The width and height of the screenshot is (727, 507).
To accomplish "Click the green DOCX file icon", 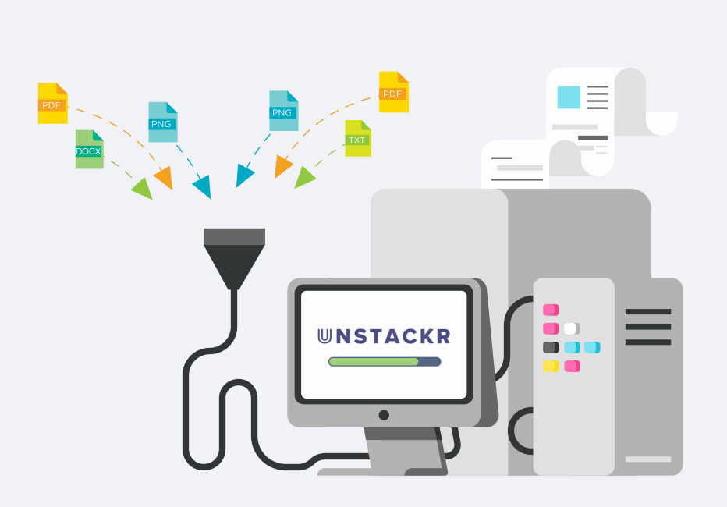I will (x=89, y=150).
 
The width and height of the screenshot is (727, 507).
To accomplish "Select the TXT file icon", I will (x=358, y=139).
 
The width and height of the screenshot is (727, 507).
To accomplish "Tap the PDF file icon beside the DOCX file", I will (x=52, y=104).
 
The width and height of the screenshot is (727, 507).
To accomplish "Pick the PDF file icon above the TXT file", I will (x=393, y=92).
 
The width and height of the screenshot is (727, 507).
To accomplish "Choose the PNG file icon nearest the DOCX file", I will (x=163, y=122).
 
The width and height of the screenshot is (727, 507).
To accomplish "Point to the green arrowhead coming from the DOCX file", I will (x=143, y=188).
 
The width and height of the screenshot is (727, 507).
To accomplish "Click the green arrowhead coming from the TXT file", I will (x=304, y=178).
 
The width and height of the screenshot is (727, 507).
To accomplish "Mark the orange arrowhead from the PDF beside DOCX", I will (x=164, y=179).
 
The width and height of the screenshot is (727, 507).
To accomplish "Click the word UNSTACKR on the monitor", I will (x=384, y=337).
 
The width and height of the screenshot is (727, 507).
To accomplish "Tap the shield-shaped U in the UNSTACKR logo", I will (x=325, y=337).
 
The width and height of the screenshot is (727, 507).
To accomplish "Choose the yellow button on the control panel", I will (x=551, y=366).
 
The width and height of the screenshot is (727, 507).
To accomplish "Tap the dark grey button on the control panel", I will (x=551, y=347).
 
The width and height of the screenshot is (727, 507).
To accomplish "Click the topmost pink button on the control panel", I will (x=551, y=310).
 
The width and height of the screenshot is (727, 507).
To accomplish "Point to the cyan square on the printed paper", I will (x=569, y=97).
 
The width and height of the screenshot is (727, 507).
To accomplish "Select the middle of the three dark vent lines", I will (x=647, y=327).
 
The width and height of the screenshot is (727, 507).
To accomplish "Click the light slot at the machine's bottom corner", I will (x=647, y=459).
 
